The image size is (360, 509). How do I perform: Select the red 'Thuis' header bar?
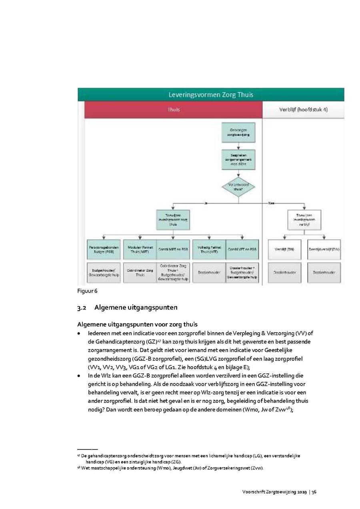pos(174,110)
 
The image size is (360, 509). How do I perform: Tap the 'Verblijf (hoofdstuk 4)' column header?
pos(303,110)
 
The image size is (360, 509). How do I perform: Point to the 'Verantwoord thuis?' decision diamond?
pos(239,188)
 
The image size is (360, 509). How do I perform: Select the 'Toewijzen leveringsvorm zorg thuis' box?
pos(174,220)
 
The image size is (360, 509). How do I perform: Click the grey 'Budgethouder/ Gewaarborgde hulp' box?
pos(103,273)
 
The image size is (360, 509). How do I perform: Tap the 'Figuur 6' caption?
pos(87,291)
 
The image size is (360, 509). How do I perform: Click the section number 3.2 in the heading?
pos(82,308)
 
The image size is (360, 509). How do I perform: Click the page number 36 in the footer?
pos(314,492)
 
